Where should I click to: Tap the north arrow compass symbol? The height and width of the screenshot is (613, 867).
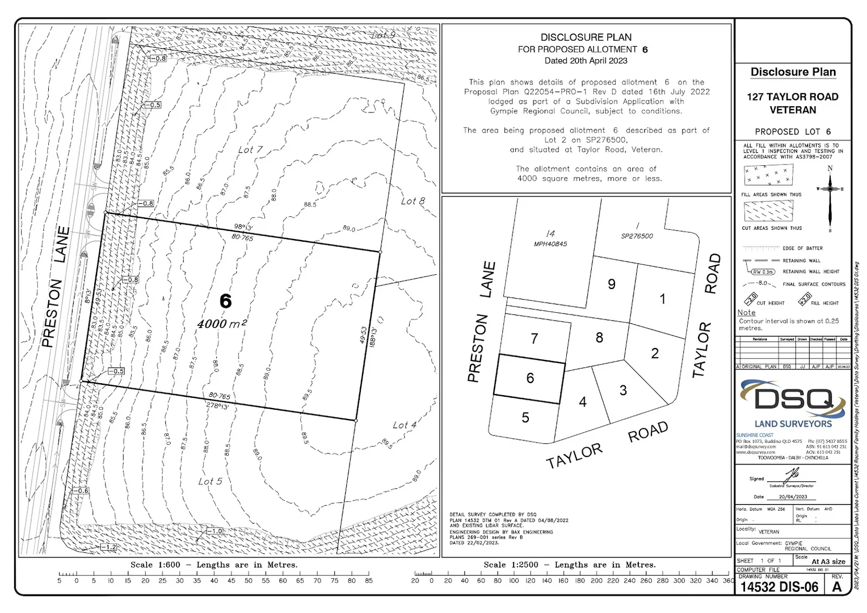[830, 189]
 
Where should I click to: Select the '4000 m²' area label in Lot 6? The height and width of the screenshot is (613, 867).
[222, 324]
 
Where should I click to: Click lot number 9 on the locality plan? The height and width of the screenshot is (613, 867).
[611, 284]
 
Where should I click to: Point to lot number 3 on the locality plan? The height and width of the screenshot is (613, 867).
[623, 390]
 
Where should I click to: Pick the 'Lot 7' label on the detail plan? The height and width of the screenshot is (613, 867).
[250, 149]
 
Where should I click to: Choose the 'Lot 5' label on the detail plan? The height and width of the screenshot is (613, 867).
[210, 481]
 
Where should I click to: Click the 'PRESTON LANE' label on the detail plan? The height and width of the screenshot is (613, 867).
[56, 287]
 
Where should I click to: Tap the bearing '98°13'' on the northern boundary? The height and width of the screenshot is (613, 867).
[243, 227]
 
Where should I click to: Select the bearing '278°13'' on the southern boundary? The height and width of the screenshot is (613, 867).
[217, 406]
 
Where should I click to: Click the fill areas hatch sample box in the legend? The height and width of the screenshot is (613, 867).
[768, 175]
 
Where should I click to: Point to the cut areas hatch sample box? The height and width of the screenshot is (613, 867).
[768, 211]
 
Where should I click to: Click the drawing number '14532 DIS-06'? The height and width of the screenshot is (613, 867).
[779, 587]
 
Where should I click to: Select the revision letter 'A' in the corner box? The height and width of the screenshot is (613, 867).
[837, 587]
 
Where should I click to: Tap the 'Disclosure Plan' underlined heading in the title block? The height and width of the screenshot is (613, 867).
[793, 72]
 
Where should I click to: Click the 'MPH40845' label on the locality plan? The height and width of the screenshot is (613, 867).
[550, 244]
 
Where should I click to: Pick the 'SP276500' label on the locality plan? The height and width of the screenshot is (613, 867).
[637, 236]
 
